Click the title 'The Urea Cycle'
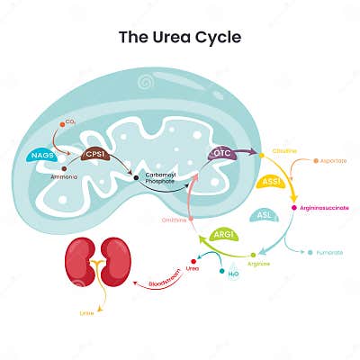(180, 37)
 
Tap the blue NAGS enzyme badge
(40, 155)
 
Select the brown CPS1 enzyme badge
(94, 155)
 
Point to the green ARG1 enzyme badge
(224, 235)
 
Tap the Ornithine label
(174, 220)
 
